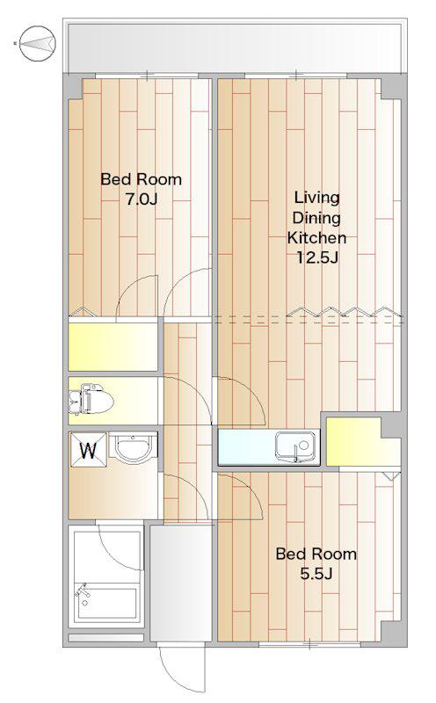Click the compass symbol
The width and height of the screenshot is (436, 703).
(x=38, y=43)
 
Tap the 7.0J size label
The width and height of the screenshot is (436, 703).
(x=141, y=199)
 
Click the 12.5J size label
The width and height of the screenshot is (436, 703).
(x=316, y=257)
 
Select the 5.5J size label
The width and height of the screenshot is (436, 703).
(x=316, y=574)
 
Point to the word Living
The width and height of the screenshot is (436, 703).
(x=316, y=198)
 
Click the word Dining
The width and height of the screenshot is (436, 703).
(x=316, y=218)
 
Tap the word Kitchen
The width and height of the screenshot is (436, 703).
(x=316, y=237)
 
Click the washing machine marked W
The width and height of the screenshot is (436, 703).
(x=88, y=450)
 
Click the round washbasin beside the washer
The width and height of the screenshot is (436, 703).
(x=133, y=447)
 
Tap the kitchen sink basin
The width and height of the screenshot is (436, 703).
(x=294, y=446)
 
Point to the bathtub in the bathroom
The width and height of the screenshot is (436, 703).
(x=105, y=602)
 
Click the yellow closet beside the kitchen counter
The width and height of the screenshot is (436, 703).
(x=362, y=442)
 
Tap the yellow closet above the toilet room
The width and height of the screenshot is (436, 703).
(x=113, y=346)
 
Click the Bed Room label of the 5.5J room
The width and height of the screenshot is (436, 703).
(x=316, y=554)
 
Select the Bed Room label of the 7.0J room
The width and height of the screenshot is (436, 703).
(x=141, y=179)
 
